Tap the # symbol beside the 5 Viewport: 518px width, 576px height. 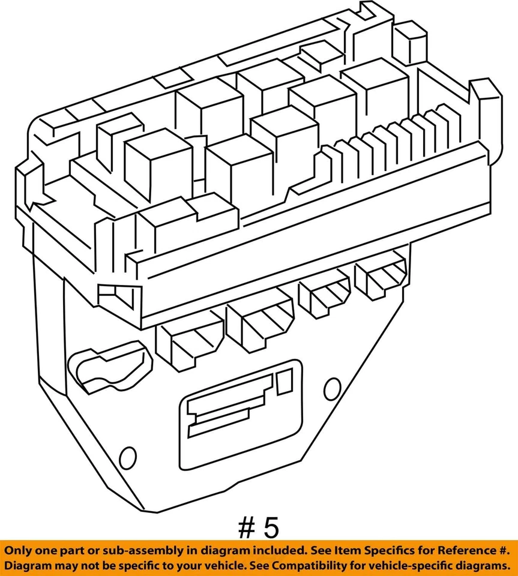click(x=245, y=528)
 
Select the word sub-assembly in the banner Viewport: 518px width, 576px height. click(x=131, y=550)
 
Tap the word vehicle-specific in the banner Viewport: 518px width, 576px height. click(x=415, y=566)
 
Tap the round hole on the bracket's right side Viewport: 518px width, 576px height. click(x=332, y=388)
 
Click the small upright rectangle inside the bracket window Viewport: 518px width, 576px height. click(x=283, y=382)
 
